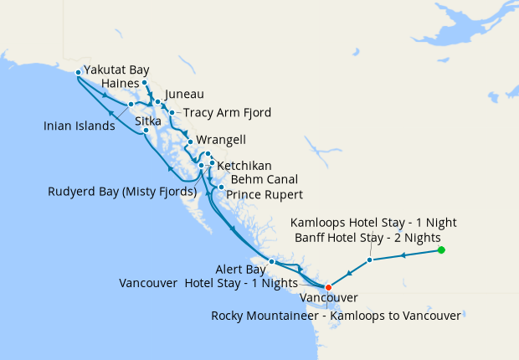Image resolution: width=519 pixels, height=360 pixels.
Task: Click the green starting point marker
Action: [441, 250]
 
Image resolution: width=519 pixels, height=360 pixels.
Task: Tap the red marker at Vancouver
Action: [328, 288]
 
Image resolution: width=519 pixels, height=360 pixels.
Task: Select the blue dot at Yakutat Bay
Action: [78, 72]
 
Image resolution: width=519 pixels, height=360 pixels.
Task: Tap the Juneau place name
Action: [184, 95]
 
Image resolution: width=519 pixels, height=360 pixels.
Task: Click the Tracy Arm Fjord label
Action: [227, 113]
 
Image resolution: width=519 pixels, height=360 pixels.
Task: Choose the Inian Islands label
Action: [80, 126]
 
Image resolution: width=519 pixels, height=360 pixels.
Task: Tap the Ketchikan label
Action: [244, 167]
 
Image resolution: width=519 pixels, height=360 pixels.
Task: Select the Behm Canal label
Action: [264, 179]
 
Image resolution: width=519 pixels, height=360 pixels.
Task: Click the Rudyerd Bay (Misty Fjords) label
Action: [122, 193]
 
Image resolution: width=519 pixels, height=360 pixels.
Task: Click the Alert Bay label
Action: [235, 270]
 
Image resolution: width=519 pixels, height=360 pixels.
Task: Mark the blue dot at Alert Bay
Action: [272, 262]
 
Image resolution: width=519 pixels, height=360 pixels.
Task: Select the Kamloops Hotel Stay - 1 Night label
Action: [373, 223]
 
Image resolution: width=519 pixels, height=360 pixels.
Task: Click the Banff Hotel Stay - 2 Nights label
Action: [368, 238]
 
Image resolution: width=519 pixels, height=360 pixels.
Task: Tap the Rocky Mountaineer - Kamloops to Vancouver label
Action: [336, 316]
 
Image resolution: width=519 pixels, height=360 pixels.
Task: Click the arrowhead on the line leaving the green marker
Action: [405, 255]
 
